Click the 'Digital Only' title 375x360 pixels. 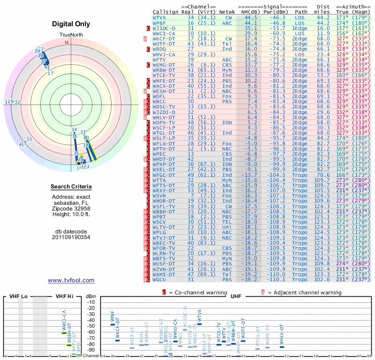coord(71,24)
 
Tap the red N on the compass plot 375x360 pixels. coord(67,43)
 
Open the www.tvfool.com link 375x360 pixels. coord(71,280)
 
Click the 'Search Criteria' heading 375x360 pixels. coord(71,187)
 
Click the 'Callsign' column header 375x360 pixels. coord(165,11)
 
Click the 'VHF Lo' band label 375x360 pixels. coord(18,297)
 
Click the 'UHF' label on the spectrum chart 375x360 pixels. coord(235,297)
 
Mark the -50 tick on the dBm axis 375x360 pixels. coord(90,326)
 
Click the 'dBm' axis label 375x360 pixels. coord(90,297)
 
